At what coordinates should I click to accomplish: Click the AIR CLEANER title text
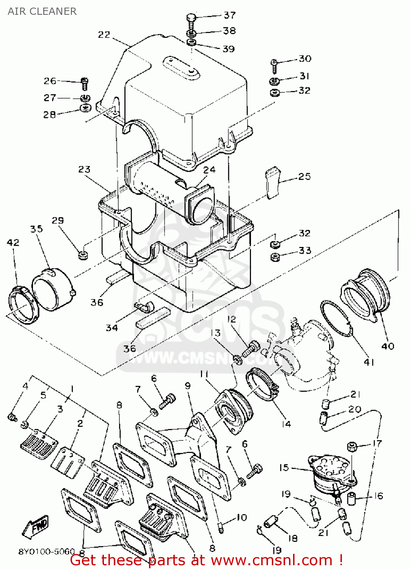pos(42,11)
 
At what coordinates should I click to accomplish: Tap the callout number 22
pos(104,35)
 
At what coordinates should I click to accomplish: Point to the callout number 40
pos(387,346)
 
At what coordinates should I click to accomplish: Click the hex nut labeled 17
pos(352,446)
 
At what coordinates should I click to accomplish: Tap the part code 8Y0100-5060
pos(47,552)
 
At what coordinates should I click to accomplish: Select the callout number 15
pos(284,467)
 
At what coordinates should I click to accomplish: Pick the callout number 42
pos(13,242)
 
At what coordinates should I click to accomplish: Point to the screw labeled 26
pos(85,83)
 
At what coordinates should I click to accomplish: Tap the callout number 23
pos(84,169)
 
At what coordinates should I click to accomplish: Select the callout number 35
pos(36,229)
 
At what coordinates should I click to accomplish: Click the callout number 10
pos(242,517)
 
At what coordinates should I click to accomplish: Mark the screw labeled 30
pos(274,65)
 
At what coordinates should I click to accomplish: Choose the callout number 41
pos(369,362)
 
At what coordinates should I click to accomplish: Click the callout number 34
pos(111,327)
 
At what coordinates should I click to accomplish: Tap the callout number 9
pos(188,385)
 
